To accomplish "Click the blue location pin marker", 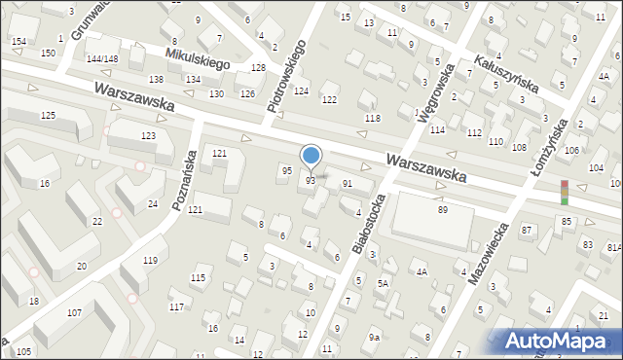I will click(x=311, y=157).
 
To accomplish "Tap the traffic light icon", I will click(x=564, y=192).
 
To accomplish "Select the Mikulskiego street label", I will click(x=196, y=59).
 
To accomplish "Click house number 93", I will click(x=311, y=181).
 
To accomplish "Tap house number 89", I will click(x=442, y=210).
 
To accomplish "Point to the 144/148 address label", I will click(x=102, y=59).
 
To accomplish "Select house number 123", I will click(x=148, y=135).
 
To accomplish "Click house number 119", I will click(x=150, y=260).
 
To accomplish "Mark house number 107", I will click(x=74, y=312).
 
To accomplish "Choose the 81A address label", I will click(x=613, y=248).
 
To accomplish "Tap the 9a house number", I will click(x=374, y=337).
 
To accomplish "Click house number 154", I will click(x=18, y=41).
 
